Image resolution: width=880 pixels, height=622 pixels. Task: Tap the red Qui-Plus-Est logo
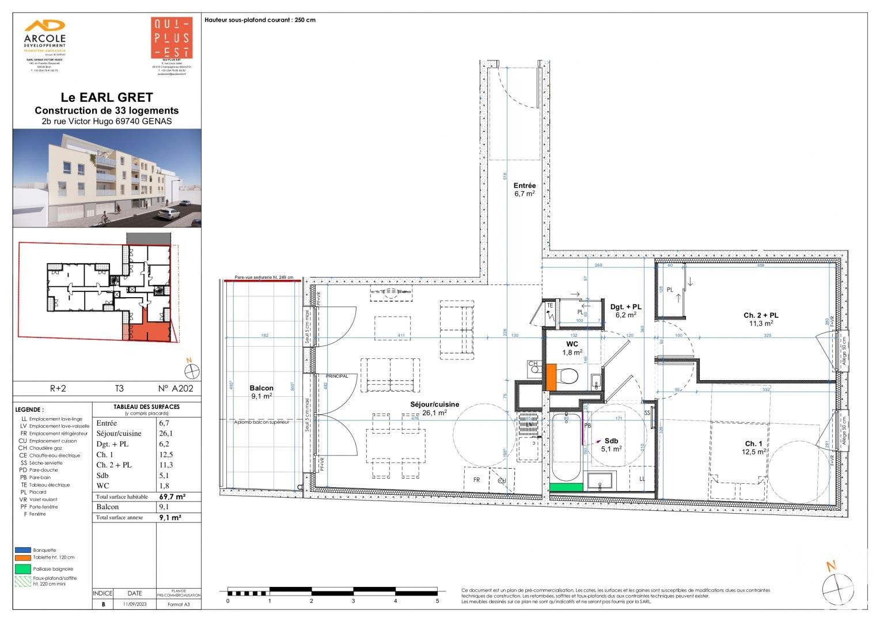[x=171, y=38]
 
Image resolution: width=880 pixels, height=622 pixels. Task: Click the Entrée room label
[x=524, y=186]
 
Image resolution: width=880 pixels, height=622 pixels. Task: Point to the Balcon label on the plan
[x=261, y=388]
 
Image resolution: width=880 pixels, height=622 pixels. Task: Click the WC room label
[x=572, y=344]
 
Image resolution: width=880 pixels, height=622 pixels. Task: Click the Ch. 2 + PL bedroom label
[x=760, y=315]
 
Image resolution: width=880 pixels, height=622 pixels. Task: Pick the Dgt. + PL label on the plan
[x=625, y=307]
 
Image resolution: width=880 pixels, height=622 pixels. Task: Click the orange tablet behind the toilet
[x=551, y=377]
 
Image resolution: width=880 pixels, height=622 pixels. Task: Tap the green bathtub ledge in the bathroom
[x=566, y=487]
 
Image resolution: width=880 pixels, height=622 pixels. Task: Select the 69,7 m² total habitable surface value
[x=172, y=496]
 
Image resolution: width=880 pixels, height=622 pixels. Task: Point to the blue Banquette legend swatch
[x=23, y=550]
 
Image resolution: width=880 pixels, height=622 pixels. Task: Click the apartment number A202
[x=176, y=389]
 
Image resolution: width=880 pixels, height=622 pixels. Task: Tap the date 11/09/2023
[x=134, y=604]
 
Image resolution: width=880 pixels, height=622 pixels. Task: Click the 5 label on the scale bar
[x=437, y=601]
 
